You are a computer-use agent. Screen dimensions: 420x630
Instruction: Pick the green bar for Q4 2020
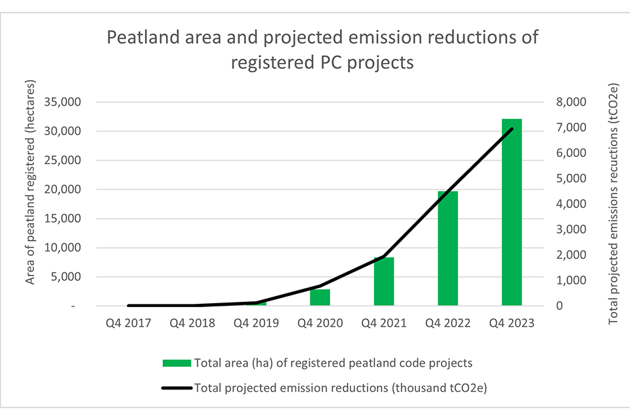click(320, 297)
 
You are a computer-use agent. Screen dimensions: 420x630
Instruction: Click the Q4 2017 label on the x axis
click(129, 323)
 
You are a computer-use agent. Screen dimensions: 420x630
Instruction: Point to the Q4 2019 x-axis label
click(256, 323)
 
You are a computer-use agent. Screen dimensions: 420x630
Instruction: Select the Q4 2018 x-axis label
click(192, 323)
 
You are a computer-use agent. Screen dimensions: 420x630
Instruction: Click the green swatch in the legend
click(177, 363)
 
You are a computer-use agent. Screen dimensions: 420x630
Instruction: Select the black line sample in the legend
click(177, 387)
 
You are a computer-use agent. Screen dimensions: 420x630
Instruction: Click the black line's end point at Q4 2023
click(511, 129)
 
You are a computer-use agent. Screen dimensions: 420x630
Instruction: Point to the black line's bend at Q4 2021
click(384, 257)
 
